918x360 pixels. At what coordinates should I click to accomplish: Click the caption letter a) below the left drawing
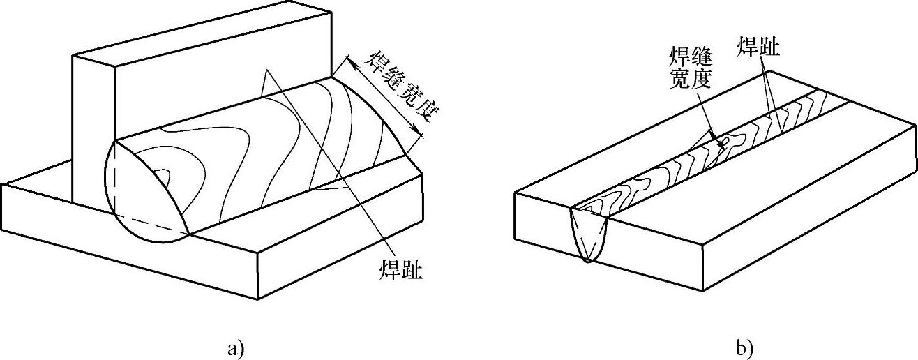pyautogui.click(x=234, y=347)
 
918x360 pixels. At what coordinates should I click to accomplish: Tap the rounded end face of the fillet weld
pyautogui.click(x=143, y=192)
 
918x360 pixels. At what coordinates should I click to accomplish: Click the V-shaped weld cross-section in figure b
pyautogui.click(x=589, y=234)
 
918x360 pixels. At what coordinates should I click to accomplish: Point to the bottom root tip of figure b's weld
pyautogui.click(x=588, y=261)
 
